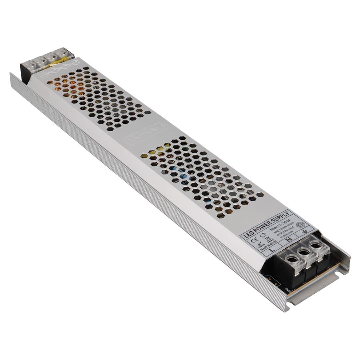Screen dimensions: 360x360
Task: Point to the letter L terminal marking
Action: pyautogui.click(x=272, y=250)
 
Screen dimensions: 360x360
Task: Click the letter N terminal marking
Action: pyautogui.click(x=289, y=239)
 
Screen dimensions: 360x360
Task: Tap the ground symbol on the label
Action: pyautogui.click(x=304, y=231)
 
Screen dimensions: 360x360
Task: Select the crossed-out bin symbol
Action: pyautogui.click(x=268, y=239)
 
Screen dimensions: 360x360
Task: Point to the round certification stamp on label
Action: pyautogui.click(x=300, y=225)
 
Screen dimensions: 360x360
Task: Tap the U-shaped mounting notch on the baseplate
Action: pyautogui.click(x=338, y=273)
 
